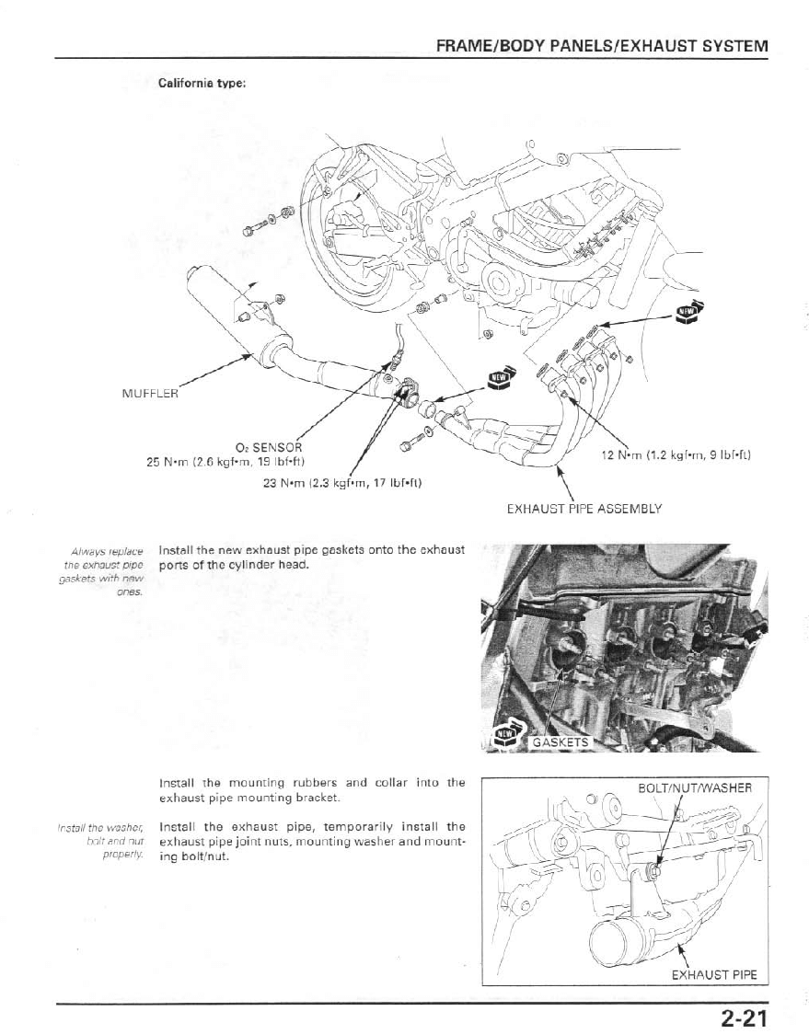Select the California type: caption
coord(202,83)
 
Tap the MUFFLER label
coord(150,394)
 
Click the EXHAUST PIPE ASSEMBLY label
coord(584,507)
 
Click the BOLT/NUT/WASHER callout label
coord(695,787)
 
